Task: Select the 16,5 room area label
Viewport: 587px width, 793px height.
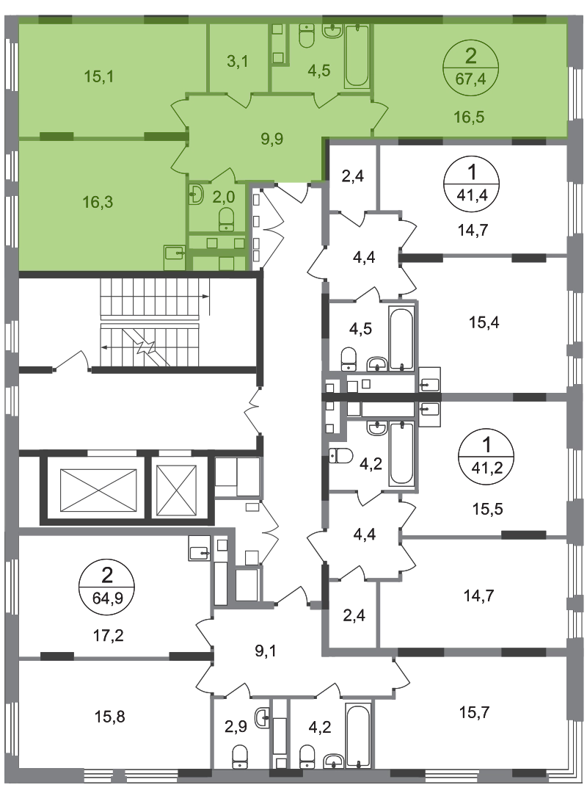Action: pos(469,115)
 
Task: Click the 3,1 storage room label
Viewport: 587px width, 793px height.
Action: pos(236,61)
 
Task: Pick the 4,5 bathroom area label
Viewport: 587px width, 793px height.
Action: pos(319,71)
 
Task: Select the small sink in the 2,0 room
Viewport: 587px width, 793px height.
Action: pos(196,195)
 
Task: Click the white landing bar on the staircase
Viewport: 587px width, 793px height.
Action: pos(150,320)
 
